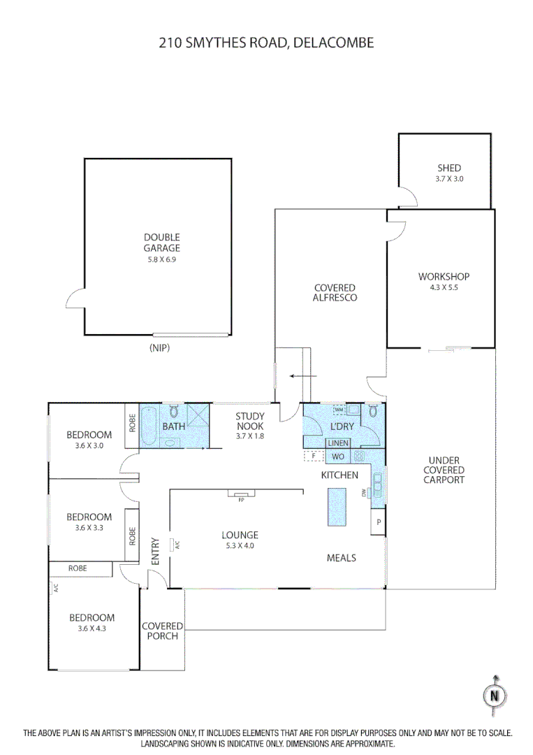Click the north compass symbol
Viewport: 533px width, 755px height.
click(x=495, y=695)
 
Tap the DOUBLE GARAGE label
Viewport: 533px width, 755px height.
click(x=162, y=243)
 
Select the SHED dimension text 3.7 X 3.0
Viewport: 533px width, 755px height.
click(x=449, y=179)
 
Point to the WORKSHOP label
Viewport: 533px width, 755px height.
click(x=444, y=276)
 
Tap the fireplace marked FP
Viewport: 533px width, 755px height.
click(x=240, y=494)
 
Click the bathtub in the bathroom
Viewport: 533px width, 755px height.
click(x=150, y=426)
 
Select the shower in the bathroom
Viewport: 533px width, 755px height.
click(x=198, y=417)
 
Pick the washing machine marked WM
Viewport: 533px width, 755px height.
click(x=339, y=410)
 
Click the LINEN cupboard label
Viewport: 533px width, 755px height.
click(x=338, y=443)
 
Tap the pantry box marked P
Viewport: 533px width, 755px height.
click(x=378, y=522)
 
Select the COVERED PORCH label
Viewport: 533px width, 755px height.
click(x=162, y=631)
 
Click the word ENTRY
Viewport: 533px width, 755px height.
click(x=155, y=552)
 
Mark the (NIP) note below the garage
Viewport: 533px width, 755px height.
click(x=159, y=347)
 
